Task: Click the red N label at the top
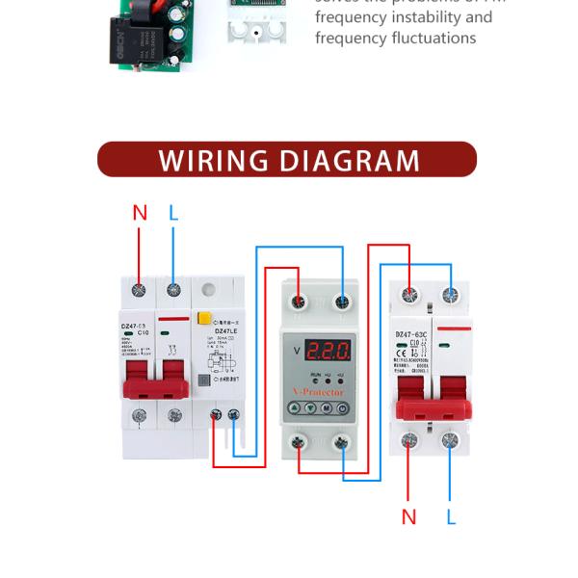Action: (140, 213)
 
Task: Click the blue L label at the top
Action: (173, 213)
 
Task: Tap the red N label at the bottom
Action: (408, 517)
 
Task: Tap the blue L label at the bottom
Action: (451, 517)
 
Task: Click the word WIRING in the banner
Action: (212, 160)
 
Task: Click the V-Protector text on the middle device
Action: (319, 392)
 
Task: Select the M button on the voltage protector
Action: (327, 407)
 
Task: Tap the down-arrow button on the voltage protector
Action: (311, 407)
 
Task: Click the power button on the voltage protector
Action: (342, 407)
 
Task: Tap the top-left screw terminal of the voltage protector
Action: (300, 302)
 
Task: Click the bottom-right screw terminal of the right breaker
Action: (449, 442)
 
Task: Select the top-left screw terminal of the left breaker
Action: (140, 288)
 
